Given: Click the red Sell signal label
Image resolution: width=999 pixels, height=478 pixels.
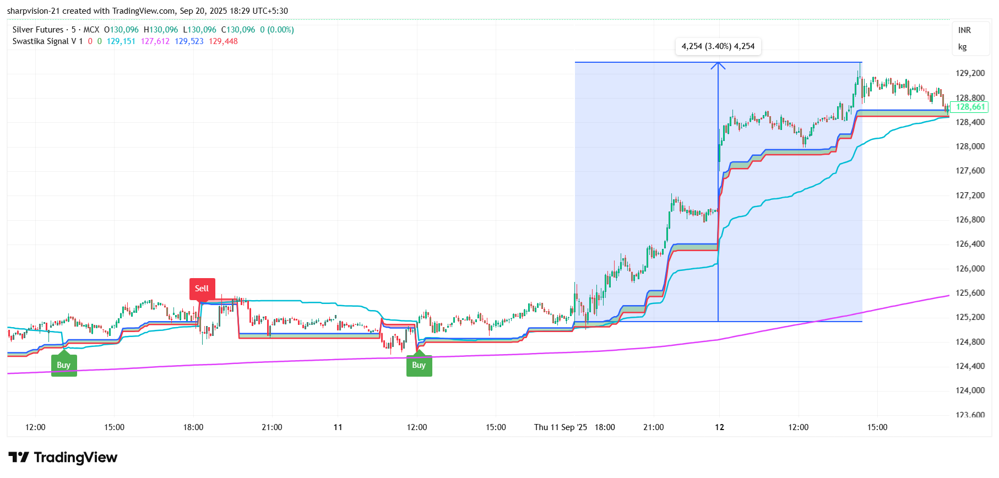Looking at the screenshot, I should pos(202,289).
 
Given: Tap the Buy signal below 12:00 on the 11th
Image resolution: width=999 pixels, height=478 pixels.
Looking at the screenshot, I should pos(419,365).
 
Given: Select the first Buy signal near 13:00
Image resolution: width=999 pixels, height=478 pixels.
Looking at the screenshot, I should pos(64,365).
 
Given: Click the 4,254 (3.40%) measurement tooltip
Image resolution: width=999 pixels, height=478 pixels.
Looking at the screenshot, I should pos(718,46).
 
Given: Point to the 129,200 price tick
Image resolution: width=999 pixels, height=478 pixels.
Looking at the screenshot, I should pos(970,73).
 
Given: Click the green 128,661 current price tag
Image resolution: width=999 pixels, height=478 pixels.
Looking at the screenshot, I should pos(970,107).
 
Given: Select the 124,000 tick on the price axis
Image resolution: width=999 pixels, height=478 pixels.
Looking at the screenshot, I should pos(970,390).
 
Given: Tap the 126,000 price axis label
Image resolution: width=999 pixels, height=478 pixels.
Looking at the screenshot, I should pos(970,269).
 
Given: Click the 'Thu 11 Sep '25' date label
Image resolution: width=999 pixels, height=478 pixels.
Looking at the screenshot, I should pos(561,427).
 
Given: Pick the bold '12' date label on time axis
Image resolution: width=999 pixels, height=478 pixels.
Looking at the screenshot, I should pos(719,427).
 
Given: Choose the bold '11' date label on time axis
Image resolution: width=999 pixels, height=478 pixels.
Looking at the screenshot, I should pos(338,427).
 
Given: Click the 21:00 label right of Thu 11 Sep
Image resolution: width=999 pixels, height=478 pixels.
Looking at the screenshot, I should pos(654,427).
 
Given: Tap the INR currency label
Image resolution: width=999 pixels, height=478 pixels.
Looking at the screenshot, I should pos(964,30).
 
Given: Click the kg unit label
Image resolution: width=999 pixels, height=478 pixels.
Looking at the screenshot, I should pos(962,47).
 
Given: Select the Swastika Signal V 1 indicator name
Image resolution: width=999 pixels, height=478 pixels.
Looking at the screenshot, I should pos(47,41).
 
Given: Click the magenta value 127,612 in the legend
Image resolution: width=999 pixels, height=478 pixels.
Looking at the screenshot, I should pos(155,41).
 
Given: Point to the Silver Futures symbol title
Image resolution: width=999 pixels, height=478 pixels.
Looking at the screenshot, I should pos(38,30).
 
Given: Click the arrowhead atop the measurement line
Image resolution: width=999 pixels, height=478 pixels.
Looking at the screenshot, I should pos(718,66).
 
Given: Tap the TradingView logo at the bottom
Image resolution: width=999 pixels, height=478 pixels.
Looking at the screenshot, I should pos(63,458).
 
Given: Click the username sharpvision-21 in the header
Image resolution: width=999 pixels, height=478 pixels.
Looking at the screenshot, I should pos(33,11).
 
